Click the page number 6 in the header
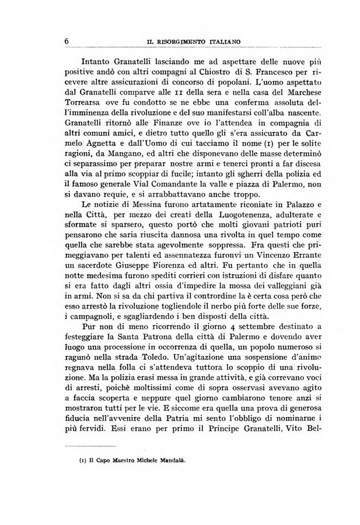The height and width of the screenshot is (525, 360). pos(68,41)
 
